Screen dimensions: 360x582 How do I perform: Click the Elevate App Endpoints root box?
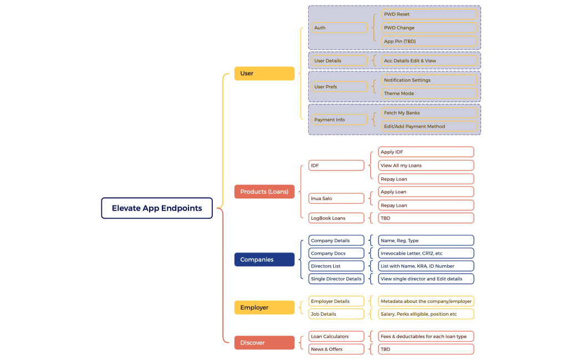157,208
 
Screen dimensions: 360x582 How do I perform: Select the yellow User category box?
264,74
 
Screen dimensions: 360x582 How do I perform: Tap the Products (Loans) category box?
264,192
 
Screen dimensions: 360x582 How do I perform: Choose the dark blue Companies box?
264,260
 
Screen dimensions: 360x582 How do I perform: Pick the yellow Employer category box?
264,307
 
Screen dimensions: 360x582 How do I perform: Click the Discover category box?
264,343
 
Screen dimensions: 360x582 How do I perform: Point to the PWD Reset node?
429,14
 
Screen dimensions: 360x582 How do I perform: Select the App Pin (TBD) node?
429,42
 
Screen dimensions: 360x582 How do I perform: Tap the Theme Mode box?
429,94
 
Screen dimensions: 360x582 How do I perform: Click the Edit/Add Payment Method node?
429,126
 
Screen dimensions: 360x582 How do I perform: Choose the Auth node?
338,28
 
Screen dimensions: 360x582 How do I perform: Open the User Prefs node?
338,87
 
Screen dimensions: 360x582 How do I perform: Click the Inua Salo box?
336,198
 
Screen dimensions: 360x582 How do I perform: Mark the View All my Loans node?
426,166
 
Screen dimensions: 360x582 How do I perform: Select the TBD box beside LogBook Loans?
426,218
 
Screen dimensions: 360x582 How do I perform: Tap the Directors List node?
336,266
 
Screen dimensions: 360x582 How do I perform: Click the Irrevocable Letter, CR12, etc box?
426,254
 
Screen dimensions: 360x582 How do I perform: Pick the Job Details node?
336,314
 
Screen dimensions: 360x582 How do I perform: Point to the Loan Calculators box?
336,337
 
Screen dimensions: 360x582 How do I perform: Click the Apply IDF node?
426,152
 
